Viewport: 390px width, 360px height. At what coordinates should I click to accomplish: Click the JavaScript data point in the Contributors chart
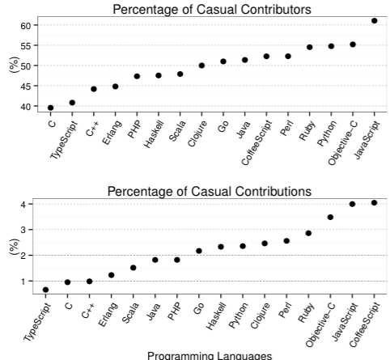(374, 21)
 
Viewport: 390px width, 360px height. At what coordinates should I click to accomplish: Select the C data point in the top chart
(50, 108)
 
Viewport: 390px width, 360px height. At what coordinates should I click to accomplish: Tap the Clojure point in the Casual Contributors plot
(201, 66)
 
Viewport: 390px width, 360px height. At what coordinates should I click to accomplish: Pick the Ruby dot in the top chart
(309, 47)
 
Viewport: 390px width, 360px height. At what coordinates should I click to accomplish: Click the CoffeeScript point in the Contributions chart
(374, 203)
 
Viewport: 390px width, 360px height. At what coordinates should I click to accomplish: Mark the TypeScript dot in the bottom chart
(45, 290)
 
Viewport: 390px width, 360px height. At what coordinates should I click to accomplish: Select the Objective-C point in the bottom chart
(330, 217)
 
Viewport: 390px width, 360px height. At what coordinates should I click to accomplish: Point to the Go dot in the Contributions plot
(199, 251)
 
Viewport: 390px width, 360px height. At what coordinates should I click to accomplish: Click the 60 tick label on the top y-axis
(25, 25)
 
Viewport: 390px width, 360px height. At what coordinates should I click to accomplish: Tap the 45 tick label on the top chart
(25, 87)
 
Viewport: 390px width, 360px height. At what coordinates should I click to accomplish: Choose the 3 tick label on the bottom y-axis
(23, 230)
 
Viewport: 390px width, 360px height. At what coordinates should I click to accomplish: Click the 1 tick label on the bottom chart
(23, 282)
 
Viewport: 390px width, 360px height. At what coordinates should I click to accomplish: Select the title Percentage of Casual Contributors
(212, 10)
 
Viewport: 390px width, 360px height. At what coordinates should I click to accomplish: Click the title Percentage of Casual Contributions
(210, 192)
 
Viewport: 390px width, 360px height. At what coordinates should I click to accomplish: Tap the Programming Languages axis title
(210, 356)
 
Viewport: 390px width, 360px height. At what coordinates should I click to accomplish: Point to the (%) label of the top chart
(14, 65)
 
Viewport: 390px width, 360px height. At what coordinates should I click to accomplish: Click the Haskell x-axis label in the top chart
(154, 133)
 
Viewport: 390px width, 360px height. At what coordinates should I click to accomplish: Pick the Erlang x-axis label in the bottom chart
(108, 315)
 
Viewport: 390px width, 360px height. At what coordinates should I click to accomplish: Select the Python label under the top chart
(327, 133)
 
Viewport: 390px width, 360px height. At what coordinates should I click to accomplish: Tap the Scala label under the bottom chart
(130, 312)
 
